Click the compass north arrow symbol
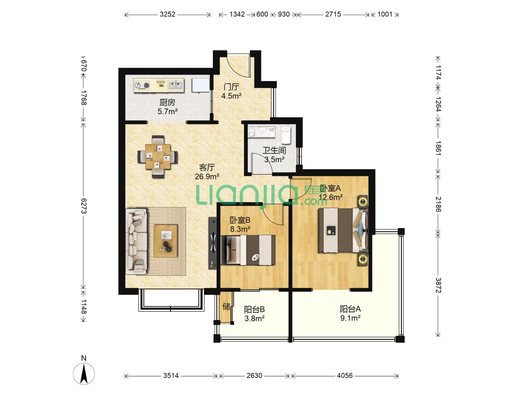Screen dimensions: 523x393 point(84,374)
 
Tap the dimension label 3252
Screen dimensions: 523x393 point(167,14)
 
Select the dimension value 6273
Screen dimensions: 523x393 point(84,206)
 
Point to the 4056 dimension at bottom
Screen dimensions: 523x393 point(345,376)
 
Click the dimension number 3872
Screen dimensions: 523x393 point(438,285)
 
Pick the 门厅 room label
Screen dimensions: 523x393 point(231,87)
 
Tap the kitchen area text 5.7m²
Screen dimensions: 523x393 point(167,111)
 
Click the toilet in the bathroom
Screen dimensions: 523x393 point(286,135)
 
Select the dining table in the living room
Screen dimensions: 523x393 point(158,156)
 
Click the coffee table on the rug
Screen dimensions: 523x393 point(166,241)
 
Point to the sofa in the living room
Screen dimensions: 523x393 point(136,242)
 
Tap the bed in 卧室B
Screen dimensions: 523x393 point(248,250)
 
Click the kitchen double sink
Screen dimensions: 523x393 point(175,85)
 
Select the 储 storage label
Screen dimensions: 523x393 point(226,306)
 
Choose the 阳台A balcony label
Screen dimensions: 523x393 point(350,309)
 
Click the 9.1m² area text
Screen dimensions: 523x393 point(350,318)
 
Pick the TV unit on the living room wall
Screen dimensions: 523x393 point(212,243)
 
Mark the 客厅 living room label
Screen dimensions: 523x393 point(207,167)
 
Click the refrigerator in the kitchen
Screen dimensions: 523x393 point(200,85)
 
